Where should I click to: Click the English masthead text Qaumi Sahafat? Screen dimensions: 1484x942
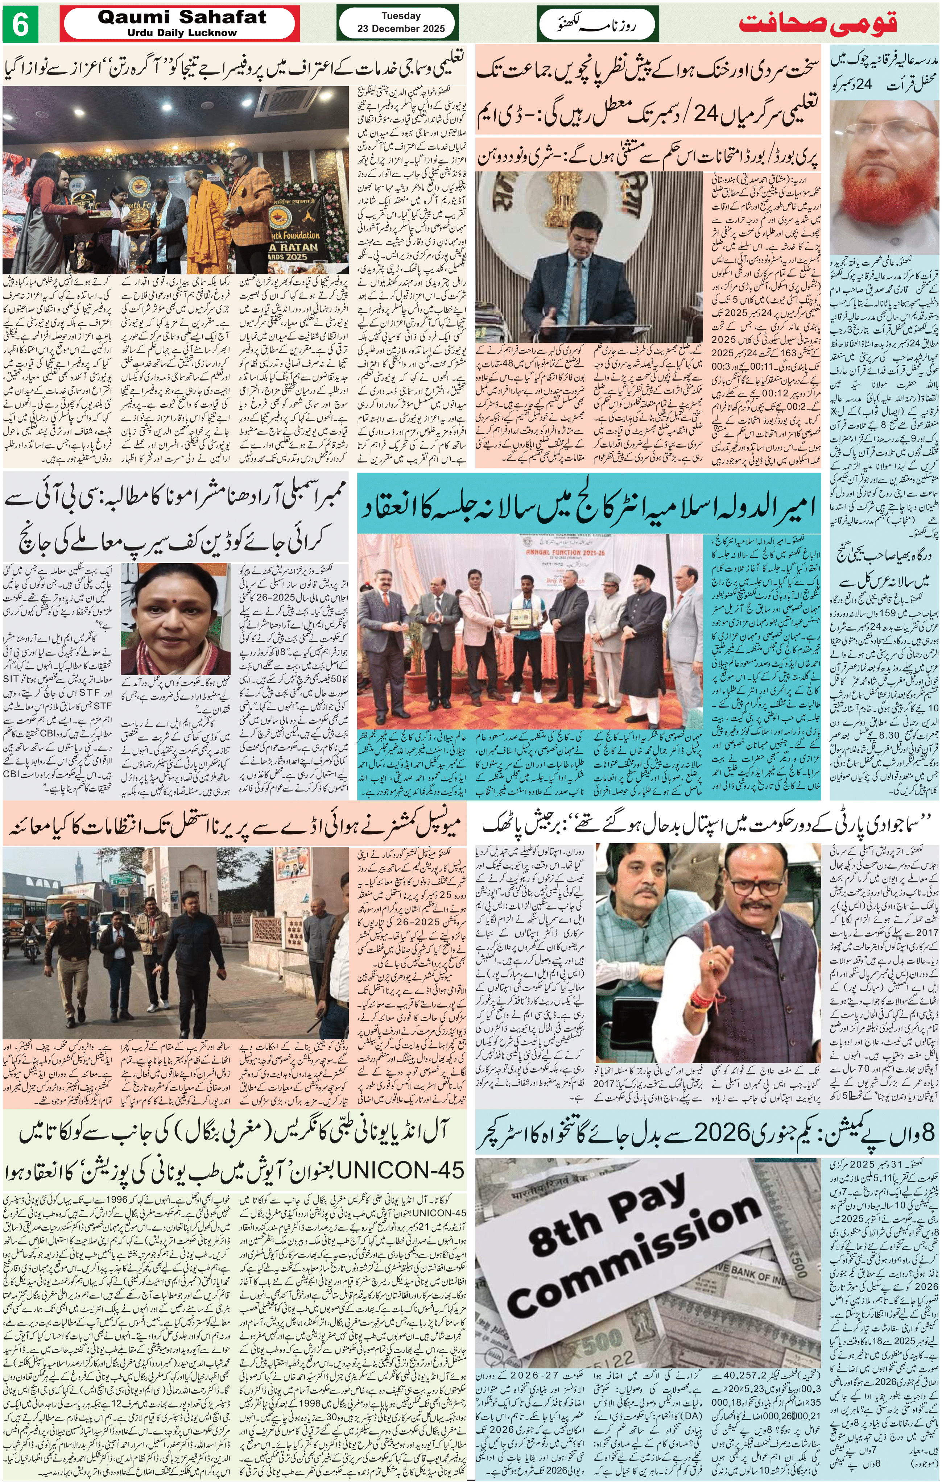tap(182, 18)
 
